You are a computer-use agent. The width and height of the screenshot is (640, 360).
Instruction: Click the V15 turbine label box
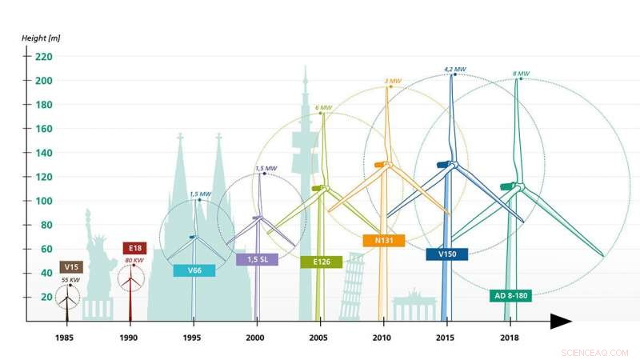coord(71,266)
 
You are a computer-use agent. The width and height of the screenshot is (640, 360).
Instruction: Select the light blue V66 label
coord(194,270)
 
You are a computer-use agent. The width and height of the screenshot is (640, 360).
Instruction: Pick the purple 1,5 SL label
coord(257,259)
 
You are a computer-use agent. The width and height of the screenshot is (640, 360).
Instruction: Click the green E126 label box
coord(321,262)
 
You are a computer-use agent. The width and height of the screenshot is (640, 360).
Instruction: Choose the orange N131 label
coord(383,240)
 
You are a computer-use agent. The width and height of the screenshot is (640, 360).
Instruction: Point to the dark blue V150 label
coord(447,254)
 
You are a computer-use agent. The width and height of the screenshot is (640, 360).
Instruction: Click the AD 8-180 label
coord(510,295)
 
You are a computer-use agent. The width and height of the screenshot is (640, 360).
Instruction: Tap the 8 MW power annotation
coord(521,74)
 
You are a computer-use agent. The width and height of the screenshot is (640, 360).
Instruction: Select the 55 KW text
coord(70,280)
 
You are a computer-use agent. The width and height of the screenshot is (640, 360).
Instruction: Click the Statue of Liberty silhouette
coord(97,264)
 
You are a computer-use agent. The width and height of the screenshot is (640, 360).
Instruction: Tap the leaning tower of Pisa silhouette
coord(351,288)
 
